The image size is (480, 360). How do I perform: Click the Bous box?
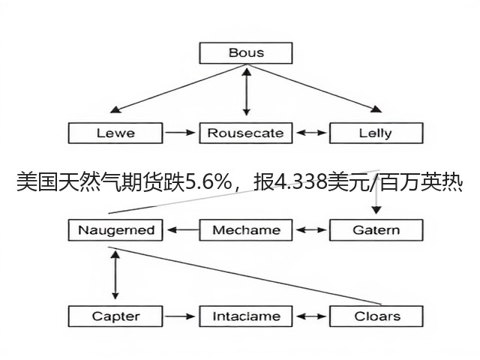pos(246,53)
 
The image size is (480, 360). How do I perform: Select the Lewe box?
pos(115,133)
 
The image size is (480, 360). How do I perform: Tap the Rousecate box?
pos(246,133)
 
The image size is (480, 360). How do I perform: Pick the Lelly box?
pos(376,133)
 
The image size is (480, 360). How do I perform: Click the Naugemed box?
pos(115,230)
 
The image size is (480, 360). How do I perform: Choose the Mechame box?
pos(246,230)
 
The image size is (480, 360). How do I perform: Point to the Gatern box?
pos(376,230)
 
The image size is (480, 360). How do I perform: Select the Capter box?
pos(115,316)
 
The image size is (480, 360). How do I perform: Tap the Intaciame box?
pos(246,316)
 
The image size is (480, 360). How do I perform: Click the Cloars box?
pos(376,316)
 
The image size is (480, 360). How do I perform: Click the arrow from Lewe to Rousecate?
pos(180,133)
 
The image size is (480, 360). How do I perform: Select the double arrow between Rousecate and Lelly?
pos(311,133)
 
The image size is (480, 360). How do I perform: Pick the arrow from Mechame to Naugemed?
pos(183,230)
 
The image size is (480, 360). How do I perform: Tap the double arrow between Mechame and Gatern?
pos(311,230)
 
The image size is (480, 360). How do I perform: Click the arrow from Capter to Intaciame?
pos(180,316)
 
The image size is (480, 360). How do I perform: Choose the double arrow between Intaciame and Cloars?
pos(311,316)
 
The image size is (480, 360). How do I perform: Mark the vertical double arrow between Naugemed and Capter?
pos(115,275)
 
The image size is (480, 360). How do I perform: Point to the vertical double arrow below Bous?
pos(247,91)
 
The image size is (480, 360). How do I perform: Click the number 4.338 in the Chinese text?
pos(300,182)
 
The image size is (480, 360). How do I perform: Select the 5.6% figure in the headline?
pos(208,182)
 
